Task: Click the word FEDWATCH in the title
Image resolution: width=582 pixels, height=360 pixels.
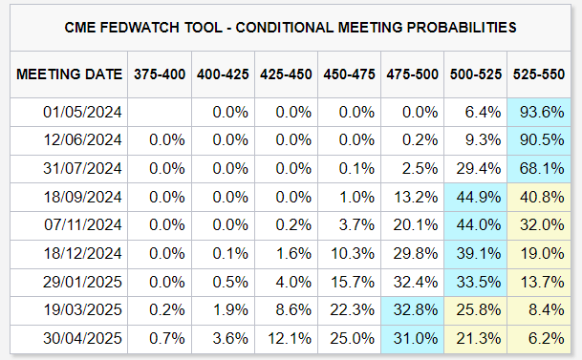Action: click(175, 28)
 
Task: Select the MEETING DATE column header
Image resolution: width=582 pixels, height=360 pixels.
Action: click(70, 74)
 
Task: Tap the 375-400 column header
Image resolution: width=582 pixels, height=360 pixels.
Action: click(160, 74)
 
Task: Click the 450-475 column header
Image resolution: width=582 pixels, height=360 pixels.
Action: click(349, 74)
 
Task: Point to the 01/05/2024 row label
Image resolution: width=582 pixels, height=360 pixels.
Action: click(82, 111)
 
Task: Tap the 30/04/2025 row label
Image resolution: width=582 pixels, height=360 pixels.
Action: click(82, 338)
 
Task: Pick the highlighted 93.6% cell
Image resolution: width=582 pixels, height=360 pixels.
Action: click(541, 111)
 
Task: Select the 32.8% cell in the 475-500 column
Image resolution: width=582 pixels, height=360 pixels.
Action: click(415, 309)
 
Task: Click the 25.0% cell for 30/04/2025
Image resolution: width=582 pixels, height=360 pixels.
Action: click(352, 338)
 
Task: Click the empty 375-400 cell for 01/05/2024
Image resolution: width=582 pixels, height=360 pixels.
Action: click(160, 111)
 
